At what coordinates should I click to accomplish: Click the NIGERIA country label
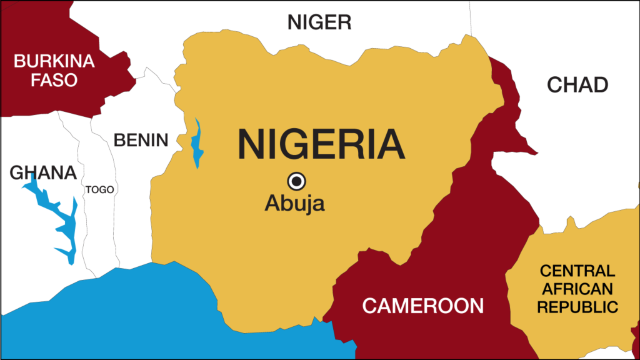pos(321,144)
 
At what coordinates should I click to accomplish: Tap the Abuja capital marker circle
pos(296,181)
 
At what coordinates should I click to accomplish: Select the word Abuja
pos(294,204)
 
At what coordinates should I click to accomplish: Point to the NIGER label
pos(319,22)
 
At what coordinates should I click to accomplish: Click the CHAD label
pos(577,84)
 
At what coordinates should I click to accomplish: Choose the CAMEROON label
pos(423,306)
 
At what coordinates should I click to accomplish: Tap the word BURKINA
pos(54,61)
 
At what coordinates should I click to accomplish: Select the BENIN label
pos(141,140)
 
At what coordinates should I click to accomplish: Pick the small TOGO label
pos(100,189)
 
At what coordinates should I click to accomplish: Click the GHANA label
pos(42,173)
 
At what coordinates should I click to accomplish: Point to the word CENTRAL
pos(577,271)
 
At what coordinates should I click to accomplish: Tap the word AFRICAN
pos(577,289)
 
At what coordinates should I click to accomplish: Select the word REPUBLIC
pos(577,307)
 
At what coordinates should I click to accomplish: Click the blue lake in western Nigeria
pos(197,144)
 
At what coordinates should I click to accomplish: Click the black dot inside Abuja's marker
pos(296,181)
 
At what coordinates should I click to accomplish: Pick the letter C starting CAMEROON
pos(369,306)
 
